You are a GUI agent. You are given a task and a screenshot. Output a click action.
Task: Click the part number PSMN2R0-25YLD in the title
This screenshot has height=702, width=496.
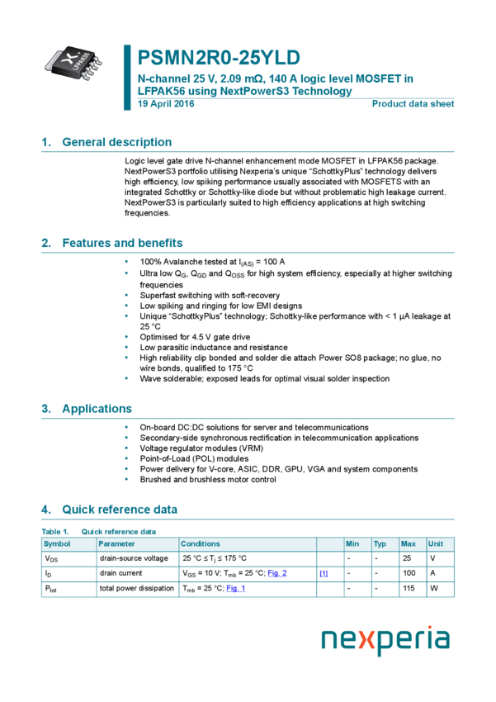tap(219, 58)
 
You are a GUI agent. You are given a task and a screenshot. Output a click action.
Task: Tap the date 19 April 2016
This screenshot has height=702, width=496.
tap(166, 104)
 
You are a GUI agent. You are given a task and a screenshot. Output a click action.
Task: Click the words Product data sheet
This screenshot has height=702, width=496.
tap(413, 104)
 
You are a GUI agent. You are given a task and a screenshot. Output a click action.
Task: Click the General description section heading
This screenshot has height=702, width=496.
tap(116, 142)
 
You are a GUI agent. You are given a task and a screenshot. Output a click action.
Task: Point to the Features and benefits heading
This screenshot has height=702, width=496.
tap(122, 243)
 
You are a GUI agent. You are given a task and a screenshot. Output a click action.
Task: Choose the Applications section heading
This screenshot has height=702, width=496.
tap(97, 409)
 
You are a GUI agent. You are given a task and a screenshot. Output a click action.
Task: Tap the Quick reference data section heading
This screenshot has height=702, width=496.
tap(119, 510)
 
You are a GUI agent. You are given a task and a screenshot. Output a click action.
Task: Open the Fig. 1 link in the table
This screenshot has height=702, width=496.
tap(236, 588)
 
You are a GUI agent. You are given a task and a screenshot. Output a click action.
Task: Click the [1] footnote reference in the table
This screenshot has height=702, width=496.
tap(324, 573)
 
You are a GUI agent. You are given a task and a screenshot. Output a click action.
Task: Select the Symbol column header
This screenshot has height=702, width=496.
tap(57, 544)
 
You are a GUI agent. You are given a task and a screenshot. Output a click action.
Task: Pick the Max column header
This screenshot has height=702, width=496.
tap(409, 544)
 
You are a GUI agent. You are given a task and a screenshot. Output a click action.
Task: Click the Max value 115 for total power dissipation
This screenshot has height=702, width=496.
tap(409, 588)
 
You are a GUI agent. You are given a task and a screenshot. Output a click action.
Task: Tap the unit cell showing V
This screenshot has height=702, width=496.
tap(432, 558)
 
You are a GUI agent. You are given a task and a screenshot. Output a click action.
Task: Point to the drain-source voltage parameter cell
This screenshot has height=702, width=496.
tap(134, 558)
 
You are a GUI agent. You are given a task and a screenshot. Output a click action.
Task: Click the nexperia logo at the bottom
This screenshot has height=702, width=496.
tap(385, 640)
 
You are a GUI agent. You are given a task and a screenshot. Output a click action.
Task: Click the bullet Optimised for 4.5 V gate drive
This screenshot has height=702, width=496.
tap(195, 337)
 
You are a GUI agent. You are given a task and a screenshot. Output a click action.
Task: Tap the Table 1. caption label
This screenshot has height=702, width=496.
tap(55, 532)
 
